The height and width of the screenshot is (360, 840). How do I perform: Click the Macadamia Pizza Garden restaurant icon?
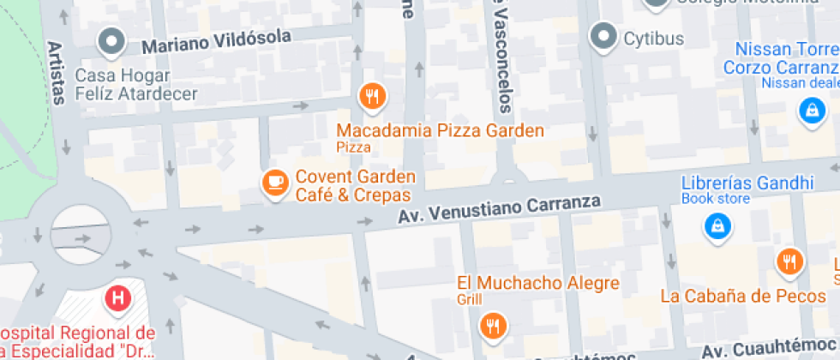(x=371, y=97)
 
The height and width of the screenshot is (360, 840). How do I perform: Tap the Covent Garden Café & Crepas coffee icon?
(x=274, y=183)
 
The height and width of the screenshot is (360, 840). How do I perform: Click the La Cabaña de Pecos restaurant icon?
(x=789, y=261)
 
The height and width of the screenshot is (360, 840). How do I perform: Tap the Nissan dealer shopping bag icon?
(x=810, y=110)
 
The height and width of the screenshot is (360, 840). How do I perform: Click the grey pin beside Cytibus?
(x=605, y=36)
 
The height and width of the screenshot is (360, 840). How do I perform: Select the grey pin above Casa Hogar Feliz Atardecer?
(x=111, y=40)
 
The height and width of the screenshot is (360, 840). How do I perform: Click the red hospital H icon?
(x=117, y=298)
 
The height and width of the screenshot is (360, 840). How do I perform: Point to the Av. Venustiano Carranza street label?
(x=499, y=208)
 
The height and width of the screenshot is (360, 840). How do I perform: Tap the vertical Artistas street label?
(x=56, y=73)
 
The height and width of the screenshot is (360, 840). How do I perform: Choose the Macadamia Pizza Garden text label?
(x=440, y=131)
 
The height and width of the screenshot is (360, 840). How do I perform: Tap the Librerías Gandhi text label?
(x=747, y=183)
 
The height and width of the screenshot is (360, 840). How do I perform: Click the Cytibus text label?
(x=653, y=39)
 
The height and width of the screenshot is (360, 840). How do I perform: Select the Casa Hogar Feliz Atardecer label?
(x=136, y=85)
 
